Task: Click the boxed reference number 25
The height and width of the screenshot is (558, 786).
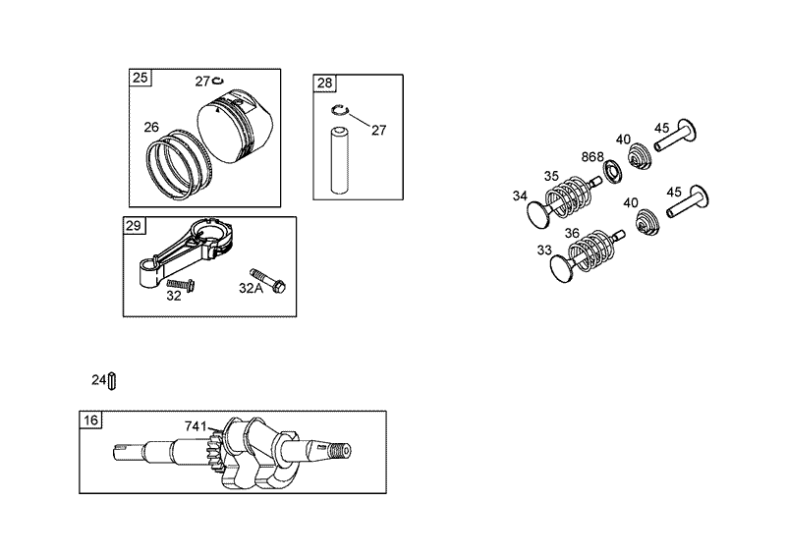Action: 140,77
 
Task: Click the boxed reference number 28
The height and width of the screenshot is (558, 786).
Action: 324,83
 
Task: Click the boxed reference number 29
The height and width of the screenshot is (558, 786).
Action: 134,226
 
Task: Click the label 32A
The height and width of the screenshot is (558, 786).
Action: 251,288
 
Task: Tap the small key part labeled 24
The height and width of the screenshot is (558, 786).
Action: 113,379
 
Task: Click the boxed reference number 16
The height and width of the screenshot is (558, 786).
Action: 90,420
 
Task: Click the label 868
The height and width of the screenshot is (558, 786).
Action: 592,156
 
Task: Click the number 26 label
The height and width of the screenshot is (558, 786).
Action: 151,126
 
